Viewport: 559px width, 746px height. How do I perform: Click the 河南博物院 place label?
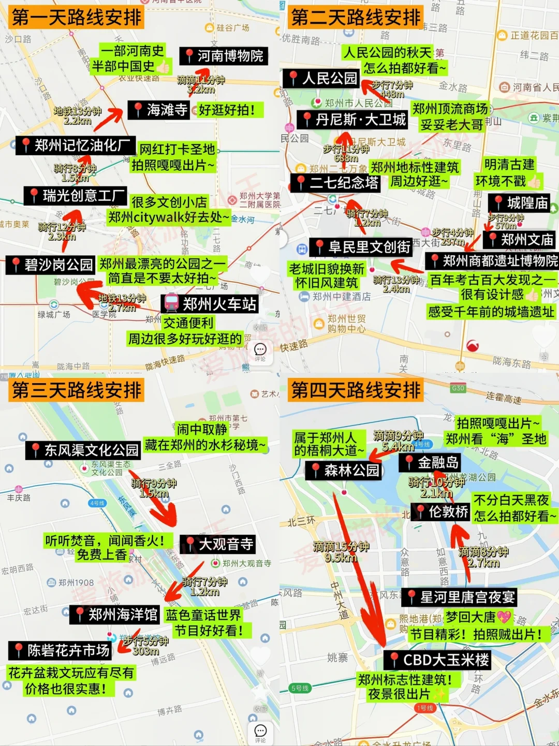[x=224, y=56]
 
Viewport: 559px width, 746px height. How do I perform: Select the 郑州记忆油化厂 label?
[x=76, y=145]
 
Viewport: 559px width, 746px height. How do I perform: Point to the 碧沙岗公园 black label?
[x=51, y=265]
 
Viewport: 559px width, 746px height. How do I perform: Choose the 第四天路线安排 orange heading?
[x=356, y=390]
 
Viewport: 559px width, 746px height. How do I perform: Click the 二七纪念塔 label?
[x=336, y=183]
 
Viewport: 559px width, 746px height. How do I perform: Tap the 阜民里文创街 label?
[x=362, y=247]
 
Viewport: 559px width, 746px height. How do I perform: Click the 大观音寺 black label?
[x=218, y=544]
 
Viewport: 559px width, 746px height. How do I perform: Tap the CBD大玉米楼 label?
[x=438, y=660]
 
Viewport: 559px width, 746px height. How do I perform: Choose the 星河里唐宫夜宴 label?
[x=460, y=597]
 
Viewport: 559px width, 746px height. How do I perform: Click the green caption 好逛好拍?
[x=227, y=110]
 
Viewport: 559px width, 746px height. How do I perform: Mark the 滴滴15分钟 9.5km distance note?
[x=341, y=552]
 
